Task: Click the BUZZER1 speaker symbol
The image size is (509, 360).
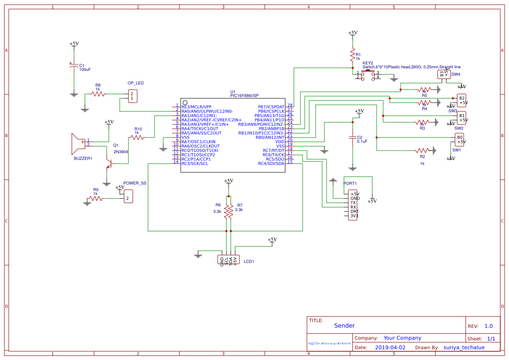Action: pos(78,144)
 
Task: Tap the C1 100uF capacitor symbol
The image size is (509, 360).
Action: pos(74,67)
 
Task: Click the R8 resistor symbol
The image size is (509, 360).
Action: pos(98,94)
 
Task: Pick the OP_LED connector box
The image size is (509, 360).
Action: pos(132,96)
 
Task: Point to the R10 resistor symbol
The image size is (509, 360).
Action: pos(138,137)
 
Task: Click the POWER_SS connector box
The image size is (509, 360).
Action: pos(128,196)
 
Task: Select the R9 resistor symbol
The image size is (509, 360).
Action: pos(96,199)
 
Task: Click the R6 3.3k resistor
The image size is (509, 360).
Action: pos(226,211)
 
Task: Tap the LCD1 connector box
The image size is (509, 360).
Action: pos(229,260)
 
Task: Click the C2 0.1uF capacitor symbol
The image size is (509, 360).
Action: pos(353,138)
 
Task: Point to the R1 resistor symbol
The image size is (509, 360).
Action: pos(353,56)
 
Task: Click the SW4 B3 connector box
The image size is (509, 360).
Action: pos(444,74)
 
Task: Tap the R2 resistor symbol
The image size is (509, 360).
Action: pos(422,150)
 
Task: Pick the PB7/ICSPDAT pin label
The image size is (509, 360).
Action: pos(271,107)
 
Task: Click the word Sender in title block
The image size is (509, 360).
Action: pos(344,326)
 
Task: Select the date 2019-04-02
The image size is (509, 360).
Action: pos(390,347)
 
